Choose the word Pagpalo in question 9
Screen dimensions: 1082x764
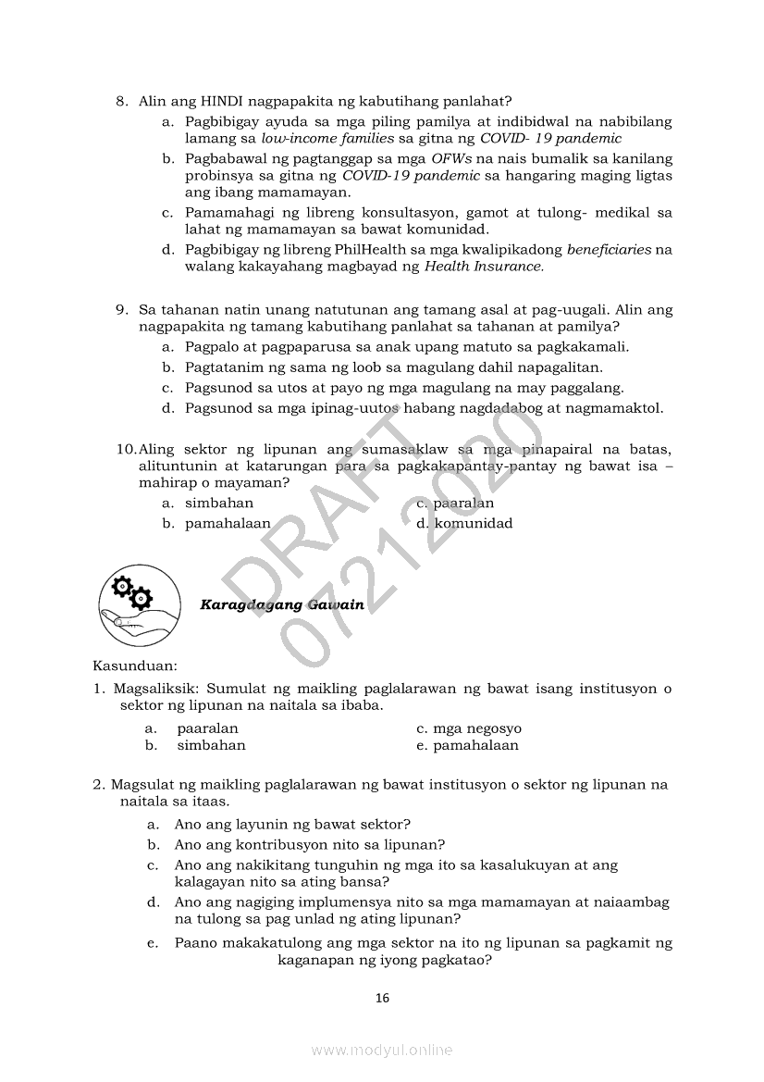point(212,347)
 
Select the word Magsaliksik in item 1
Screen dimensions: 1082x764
point(155,689)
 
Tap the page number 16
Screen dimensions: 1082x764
point(382,998)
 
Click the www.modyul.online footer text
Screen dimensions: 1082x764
point(382,1050)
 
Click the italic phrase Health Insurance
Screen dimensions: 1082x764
point(484,267)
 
